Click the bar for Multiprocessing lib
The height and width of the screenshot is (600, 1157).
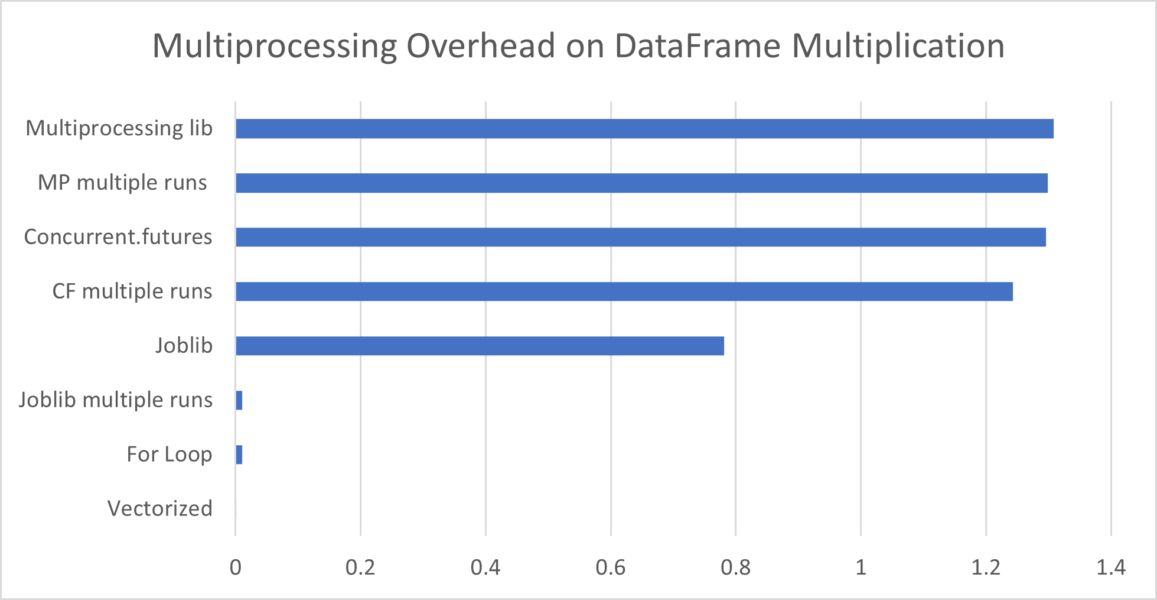[644, 128]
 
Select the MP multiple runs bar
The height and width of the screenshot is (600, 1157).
[641, 183]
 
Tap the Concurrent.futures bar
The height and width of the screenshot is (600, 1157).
[640, 237]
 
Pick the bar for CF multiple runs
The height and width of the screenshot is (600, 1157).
[624, 291]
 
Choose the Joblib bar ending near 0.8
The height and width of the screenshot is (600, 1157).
[480, 346]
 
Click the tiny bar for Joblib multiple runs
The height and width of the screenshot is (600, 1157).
[239, 400]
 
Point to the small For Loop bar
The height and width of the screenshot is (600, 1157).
[239, 455]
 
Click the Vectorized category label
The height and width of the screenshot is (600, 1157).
[159, 508]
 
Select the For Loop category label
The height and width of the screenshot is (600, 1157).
[169, 454]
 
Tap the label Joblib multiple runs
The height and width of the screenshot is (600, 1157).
[115, 400]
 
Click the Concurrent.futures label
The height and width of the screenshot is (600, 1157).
[118, 236]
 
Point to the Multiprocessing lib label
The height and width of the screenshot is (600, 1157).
[119, 128]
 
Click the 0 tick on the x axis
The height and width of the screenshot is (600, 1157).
[236, 567]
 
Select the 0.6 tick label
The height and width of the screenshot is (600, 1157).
[610, 567]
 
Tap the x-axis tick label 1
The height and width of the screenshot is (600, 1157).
[861, 567]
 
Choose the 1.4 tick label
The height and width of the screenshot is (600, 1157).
[1110, 567]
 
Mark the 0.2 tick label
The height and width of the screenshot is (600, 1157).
[360, 567]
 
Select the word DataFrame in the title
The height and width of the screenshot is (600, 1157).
[698, 46]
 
